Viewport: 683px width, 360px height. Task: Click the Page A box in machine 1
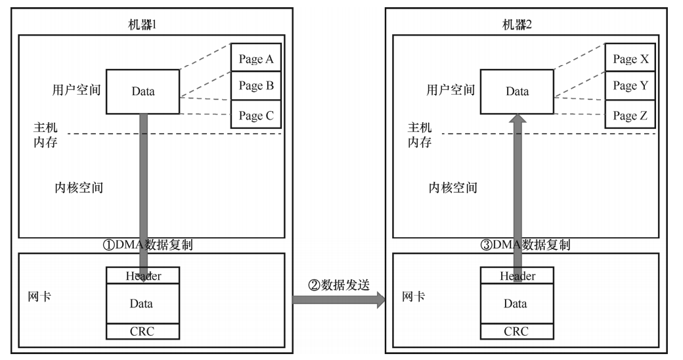click(x=255, y=59)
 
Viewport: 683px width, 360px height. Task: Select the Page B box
click(x=255, y=85)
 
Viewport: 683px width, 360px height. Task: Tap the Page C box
click(x=255, y=115)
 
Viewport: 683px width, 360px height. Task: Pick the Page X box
click(x=630, y=59)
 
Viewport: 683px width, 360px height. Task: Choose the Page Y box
click(x=630, y=85)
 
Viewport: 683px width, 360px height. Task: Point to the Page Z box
click(x=630, y=115)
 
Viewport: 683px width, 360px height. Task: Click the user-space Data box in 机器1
click(x=143, y=91)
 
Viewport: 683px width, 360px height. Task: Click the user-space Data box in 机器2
click(x=517, y=91)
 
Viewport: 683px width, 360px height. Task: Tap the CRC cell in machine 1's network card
click(x=143, y=331)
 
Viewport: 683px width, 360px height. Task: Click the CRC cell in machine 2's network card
click(x=516, y=331)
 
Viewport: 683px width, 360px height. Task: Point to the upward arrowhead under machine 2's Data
click(x=518, y=119)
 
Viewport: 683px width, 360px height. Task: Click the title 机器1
click(x=144, y=25)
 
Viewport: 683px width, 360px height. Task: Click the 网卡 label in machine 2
click(x=413, y=297)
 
